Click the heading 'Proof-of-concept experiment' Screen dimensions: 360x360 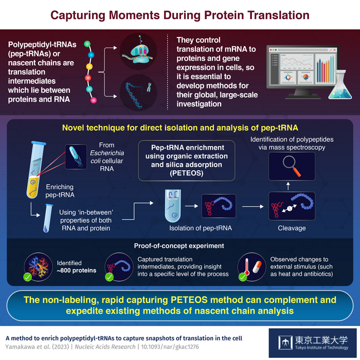[x=179, y=246]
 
